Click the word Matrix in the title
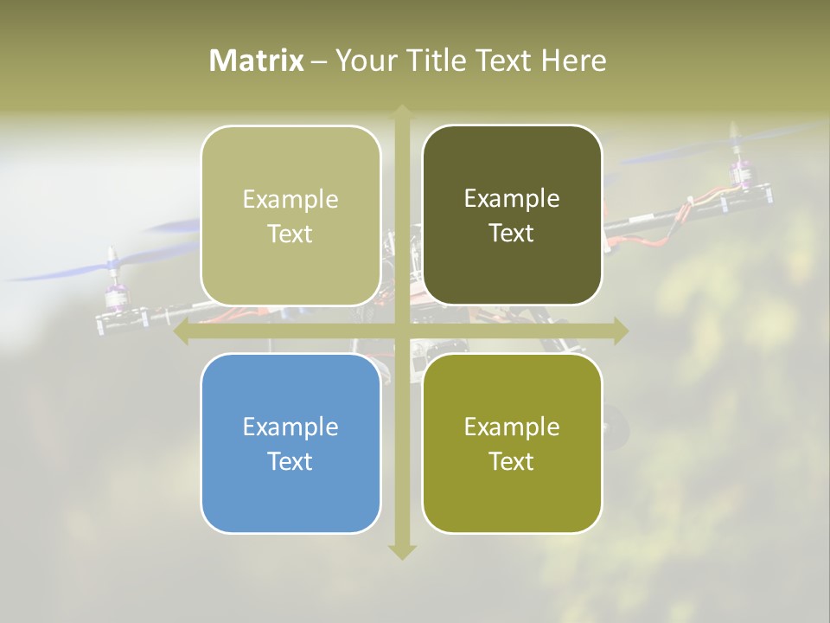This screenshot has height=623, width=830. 257,61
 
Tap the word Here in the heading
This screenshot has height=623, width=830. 573,61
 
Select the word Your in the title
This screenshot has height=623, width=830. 366,61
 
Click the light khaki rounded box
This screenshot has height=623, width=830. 290,215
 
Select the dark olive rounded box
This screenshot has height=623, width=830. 512,215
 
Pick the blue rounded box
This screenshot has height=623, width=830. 290,443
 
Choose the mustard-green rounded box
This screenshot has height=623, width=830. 512,443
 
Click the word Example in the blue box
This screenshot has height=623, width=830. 290,427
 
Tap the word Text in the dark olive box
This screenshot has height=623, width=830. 512,234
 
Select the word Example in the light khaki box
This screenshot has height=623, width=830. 290,199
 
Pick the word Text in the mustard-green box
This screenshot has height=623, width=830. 512,461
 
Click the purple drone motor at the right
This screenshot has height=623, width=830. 739,171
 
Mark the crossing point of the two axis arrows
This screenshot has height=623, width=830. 402,331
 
